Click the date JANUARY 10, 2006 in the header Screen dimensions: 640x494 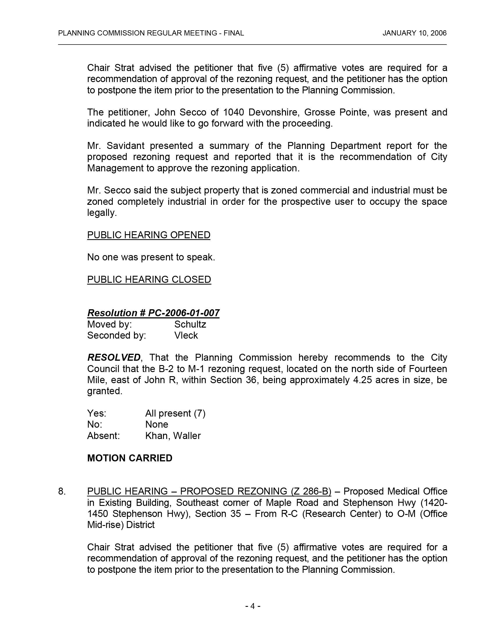click(x=414, y=33)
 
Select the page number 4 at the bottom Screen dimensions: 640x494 click(x=253, y=606)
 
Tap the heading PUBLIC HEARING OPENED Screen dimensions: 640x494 click(x=149, y=235)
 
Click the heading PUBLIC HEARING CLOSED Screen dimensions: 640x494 click(x=149, y=280)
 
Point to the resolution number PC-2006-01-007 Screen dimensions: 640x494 click(x=184, y=313)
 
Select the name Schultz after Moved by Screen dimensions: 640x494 click(x=190, y=324)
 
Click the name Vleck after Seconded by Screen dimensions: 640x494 click(x=186, y=335)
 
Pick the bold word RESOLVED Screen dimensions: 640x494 click(x=114, y=358)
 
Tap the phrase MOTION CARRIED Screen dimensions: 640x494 click(x=130, y=458)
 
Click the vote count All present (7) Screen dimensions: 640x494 click(x=175, y=413)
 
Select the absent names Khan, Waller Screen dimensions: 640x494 click(x=173, y=436)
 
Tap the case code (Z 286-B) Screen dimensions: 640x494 click(x=311, y=491)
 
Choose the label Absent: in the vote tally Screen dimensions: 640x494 click(x=103, y=436)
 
